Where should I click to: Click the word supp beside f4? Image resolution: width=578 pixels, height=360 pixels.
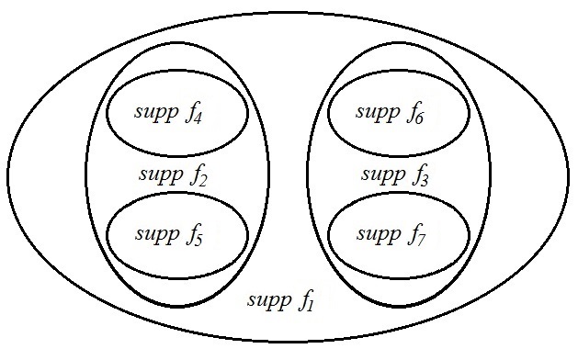pos(157,113)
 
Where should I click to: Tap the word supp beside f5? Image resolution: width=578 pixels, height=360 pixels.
pos(157,234)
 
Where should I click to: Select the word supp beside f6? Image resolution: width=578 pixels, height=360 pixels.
pos(377,113)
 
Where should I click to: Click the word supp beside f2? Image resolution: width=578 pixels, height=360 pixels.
pos(158,174)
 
